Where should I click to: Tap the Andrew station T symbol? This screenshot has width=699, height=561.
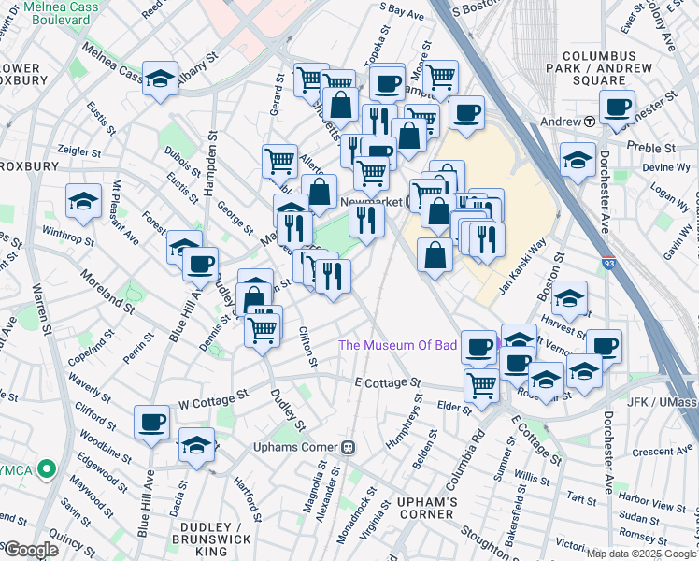[x=590, y=122]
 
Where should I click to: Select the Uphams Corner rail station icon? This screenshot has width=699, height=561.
[x=349, y=446]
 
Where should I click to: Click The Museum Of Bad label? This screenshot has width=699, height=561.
[x=397, y=345]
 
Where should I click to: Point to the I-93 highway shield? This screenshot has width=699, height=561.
[x=608, y=265]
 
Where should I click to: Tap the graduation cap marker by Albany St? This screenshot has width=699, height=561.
[x=160, y=79]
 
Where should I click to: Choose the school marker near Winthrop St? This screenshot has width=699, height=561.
[x=84, y=200]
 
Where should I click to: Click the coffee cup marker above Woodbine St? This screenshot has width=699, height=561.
[x=151, y=422]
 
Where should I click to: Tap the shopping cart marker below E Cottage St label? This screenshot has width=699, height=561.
[x=482, y=383]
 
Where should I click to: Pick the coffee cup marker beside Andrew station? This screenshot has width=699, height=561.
[x=617, y=107]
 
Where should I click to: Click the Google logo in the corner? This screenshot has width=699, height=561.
[x=30, y=550]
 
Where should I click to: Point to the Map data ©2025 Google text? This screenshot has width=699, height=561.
[x=641, y=554]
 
